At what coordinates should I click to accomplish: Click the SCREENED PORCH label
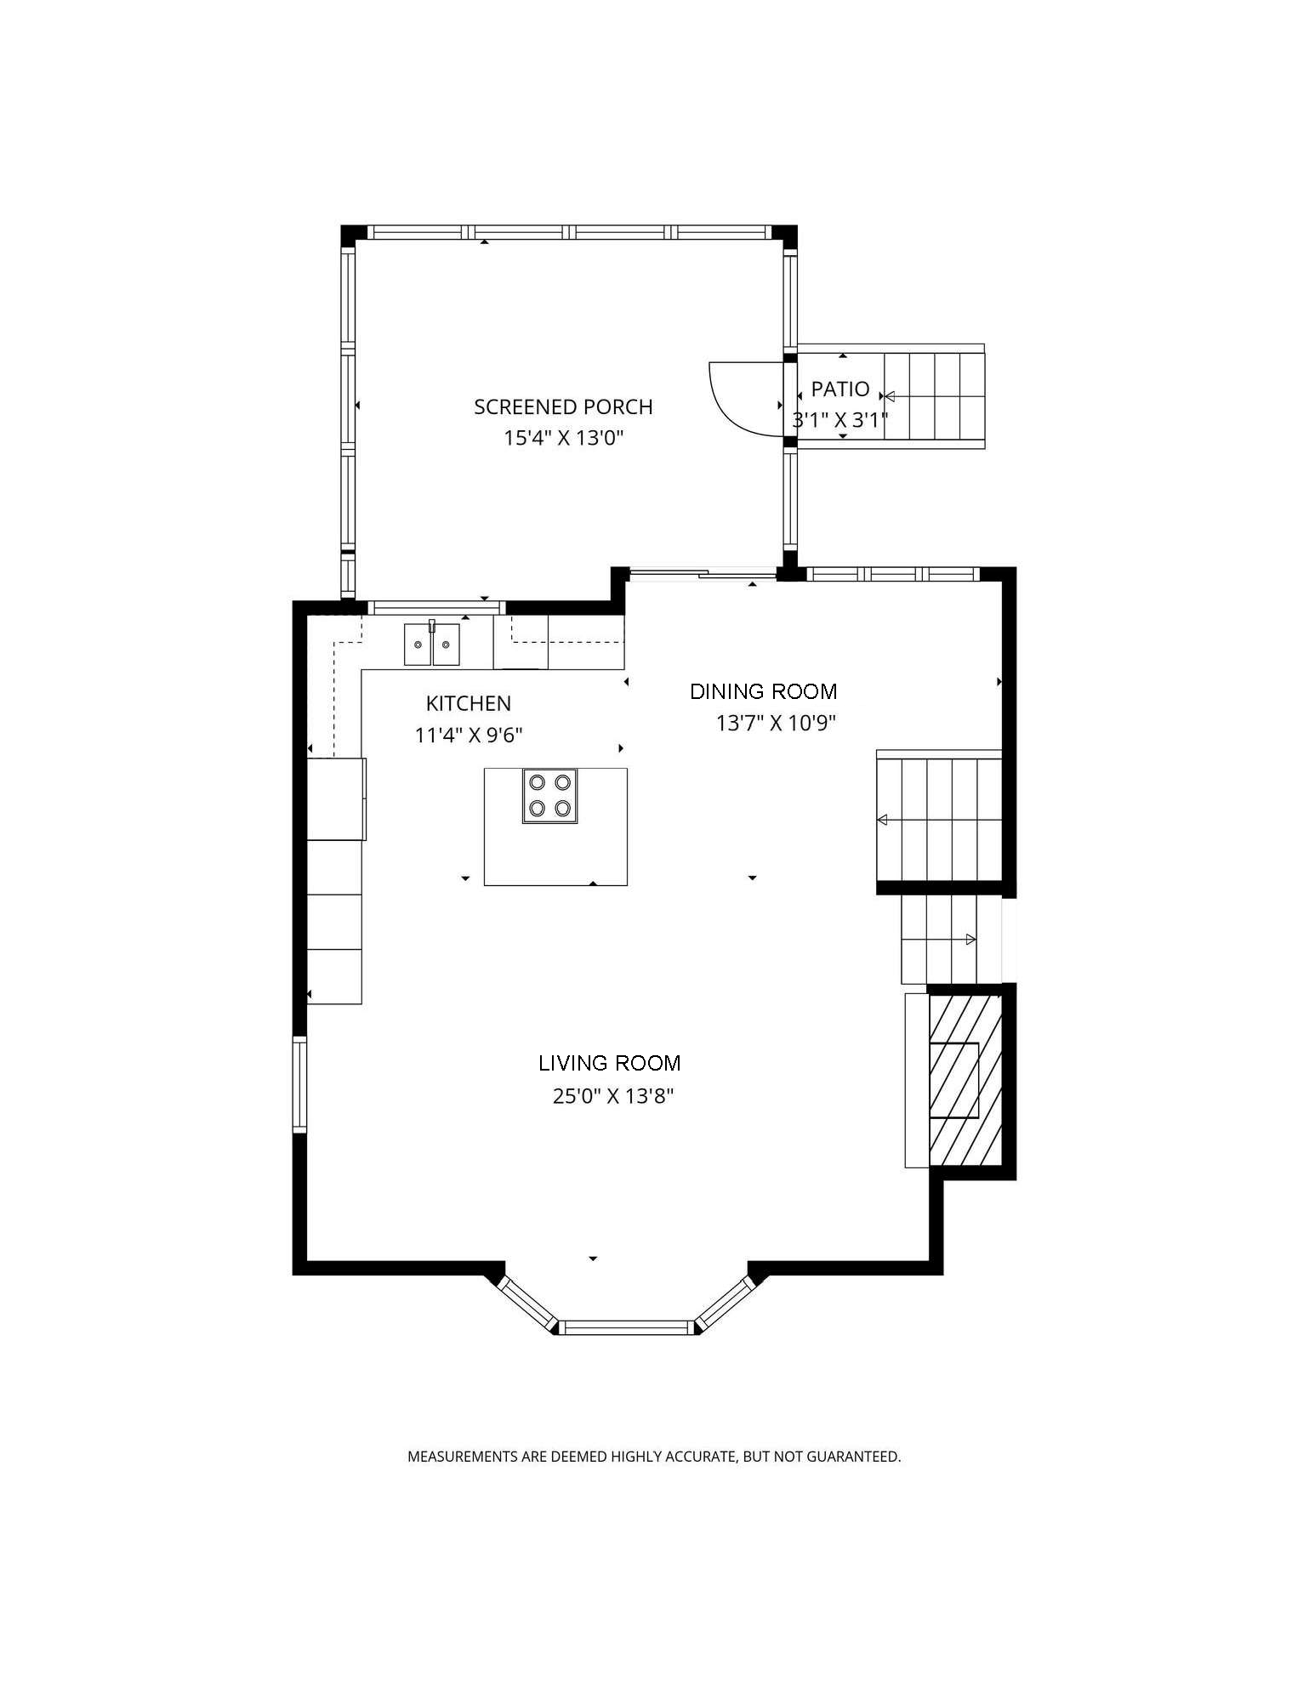click(x=563, y=407)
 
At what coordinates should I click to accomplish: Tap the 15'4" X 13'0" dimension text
click(x=563, y=439)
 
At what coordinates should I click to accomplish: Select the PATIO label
click(x=839, y=389)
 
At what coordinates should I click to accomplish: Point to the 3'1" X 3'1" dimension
click(x=839, y=420)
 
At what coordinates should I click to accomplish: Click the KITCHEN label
click(x=468, y=704)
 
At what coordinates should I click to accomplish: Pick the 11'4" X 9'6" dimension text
click(x=468, y=736)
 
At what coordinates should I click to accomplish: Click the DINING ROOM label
click(x=763, y=692)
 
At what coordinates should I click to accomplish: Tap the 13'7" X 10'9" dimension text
click(x=776, y=724)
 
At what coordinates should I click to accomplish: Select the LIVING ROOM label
click(x=609, y=1064)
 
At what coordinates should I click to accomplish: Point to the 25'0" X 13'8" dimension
click(x=612, y=1097)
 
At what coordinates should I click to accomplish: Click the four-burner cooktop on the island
click(x=549, y=796)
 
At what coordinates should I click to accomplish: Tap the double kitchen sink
click(x=431, y=645)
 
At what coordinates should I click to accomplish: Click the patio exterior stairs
click(x=934, y=396)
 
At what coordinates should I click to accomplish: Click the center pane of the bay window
click(x=627, y=1327)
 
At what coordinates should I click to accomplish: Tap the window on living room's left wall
click(x=299, y=1084)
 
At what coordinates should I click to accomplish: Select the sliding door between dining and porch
click(x=703, y=576)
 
